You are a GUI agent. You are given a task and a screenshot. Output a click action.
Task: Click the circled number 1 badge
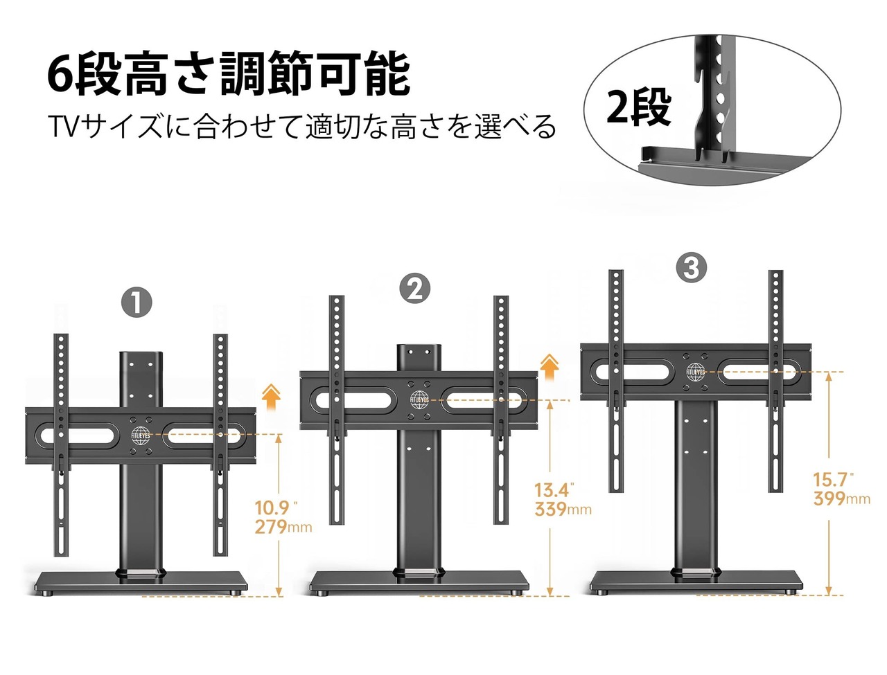pos(137,303)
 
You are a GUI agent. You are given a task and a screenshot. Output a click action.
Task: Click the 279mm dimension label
pos(283,527)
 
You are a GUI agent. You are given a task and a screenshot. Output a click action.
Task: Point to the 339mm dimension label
pos(563,509)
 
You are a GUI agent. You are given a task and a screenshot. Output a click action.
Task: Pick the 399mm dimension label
pos(841,499)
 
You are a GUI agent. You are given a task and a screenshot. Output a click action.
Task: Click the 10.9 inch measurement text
pos(276,508)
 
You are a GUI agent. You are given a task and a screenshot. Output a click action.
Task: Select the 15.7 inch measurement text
pos(833,480)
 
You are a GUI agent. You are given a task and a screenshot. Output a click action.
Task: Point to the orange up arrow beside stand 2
pos(550,366)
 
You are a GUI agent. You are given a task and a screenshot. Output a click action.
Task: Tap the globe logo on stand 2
pos(419,400)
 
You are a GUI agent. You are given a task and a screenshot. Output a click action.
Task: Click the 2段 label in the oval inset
pos(638,108)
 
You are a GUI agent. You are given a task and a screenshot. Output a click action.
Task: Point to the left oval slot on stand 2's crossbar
pos(351,402)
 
